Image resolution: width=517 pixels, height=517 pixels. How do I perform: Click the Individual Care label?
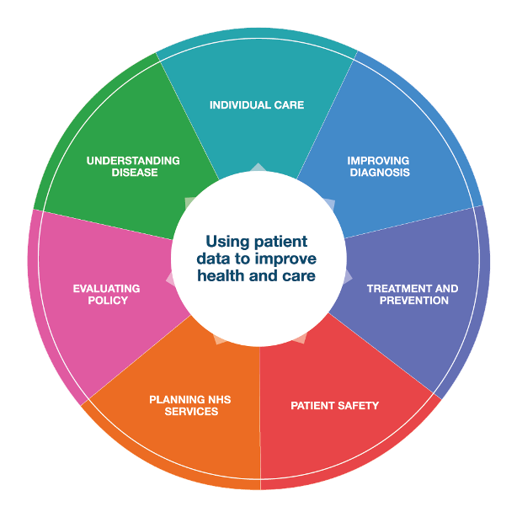257,105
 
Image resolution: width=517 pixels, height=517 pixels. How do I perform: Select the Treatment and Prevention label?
413,294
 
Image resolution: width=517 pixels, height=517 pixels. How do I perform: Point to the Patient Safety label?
334,406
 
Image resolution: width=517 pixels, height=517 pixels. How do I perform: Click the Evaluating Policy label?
106,294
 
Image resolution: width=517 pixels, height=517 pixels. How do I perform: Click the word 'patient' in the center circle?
280,241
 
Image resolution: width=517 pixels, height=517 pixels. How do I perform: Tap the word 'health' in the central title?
222,276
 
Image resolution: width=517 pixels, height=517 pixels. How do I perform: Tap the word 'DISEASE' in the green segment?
134,173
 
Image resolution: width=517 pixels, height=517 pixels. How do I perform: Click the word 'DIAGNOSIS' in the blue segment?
378,173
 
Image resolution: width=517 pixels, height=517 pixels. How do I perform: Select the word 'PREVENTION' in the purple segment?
413,301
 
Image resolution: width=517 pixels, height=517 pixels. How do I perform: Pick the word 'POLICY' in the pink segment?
107,301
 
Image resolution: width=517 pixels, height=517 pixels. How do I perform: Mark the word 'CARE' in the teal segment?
287,105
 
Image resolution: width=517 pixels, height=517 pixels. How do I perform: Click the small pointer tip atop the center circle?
258,165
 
